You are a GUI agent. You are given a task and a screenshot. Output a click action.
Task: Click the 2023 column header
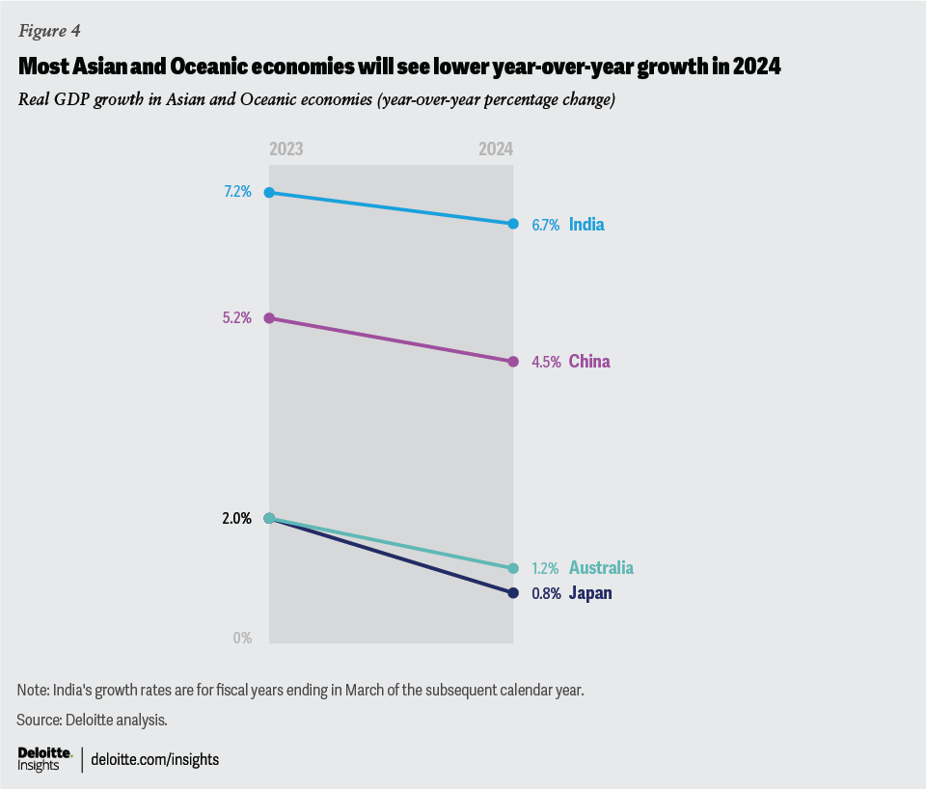click(286, 150)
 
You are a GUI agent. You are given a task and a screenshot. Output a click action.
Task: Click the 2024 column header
click(496, 150)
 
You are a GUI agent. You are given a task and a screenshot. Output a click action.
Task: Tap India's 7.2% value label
click(237, 192)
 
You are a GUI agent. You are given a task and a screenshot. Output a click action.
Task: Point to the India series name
click(586, 225)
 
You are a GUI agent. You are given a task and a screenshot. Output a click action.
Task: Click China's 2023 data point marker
click(269, 317)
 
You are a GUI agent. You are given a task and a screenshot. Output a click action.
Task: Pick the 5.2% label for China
click(237, 317)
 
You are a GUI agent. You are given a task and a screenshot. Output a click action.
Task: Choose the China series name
click(589, 362)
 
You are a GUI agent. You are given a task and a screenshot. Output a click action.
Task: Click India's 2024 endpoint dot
click(513, 224)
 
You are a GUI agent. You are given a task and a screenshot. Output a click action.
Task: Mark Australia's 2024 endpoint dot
click(513, 568)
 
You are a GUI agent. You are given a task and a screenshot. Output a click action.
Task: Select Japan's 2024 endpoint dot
click(513, 592)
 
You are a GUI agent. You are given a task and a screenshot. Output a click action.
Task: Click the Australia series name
click(601, 568)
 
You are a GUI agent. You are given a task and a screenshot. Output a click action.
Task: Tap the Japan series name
click(590, 593)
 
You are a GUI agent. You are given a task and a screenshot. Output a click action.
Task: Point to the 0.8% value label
click(546, 593)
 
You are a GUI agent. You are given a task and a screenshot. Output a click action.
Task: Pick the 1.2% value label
click(546, 568)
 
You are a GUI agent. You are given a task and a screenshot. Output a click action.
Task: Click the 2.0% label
click(237, 518)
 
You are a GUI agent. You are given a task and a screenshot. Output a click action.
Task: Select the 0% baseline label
click(241, 638)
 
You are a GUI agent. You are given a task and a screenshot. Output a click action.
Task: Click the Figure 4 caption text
click(49, 31)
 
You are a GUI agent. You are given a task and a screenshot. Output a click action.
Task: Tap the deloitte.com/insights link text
click(154, 759)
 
